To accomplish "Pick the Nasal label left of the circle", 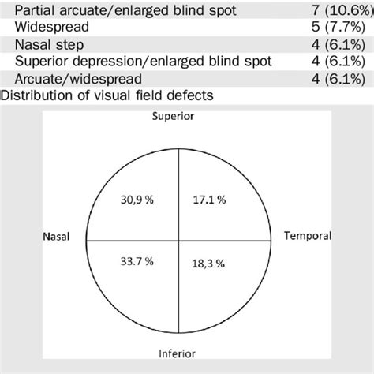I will (x=55, y=236).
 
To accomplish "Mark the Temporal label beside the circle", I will (x=308, y=236).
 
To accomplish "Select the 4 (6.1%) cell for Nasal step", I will (x=341, y=45).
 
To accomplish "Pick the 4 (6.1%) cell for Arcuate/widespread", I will (x=341, y=79).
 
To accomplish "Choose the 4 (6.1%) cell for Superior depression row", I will (x=341, y=62).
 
